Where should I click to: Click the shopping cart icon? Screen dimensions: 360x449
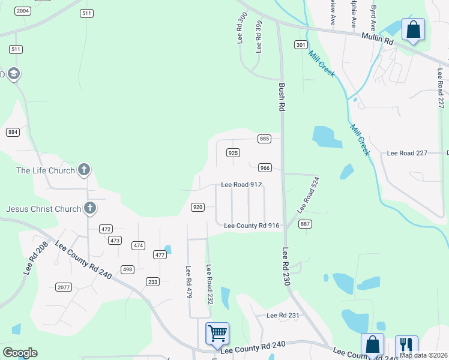coord(217,333)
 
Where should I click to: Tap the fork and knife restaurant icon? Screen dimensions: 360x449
coord(406,345)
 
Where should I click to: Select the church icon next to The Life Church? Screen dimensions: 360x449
coord(84,170)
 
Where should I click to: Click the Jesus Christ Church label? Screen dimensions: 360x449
coord(43,209)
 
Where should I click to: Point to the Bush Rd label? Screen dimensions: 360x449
coord(281,97)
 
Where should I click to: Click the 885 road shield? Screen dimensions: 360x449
coord(265,139)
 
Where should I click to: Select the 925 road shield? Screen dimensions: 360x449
coord(234,153)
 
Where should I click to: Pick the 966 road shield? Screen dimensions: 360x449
coord(265,167)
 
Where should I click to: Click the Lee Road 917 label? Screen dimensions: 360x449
coord(241,185)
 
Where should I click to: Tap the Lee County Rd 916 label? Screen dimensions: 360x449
coord(252,226)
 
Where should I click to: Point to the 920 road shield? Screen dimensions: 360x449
coord(197,207)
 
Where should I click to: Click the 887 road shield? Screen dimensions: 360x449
coord(305,224)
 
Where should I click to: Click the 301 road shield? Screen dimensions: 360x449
coord(301,45)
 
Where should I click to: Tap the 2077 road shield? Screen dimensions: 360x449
coord(63,287)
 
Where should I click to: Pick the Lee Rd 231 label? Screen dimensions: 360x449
coord(282,315)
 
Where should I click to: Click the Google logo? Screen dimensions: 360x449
coord(20,353)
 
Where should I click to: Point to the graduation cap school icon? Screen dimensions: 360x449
coord(13,74)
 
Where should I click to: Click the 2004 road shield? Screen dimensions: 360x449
coord(23,11)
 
